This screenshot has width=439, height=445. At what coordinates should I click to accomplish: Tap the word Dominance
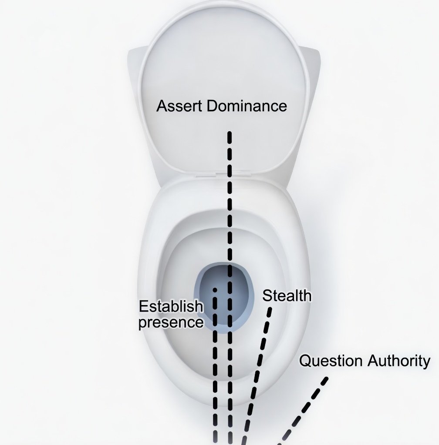point(247,106)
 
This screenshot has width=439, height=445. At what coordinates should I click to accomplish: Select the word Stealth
point(287,296)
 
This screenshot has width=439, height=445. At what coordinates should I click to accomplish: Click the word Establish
point(171,306)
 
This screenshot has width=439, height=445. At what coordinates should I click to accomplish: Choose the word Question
point(331,361)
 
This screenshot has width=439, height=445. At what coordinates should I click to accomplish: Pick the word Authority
point(399,361)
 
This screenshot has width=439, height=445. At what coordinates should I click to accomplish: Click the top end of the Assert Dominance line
point(230,133)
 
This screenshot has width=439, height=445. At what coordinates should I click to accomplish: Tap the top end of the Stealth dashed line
point(270,309)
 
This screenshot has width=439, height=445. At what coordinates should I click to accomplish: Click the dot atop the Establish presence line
point(215,290)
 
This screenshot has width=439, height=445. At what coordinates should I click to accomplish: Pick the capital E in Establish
point(143,306)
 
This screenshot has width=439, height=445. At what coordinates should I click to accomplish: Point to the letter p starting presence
point(143,324)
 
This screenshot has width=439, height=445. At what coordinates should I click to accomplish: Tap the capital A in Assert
point(162,106)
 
